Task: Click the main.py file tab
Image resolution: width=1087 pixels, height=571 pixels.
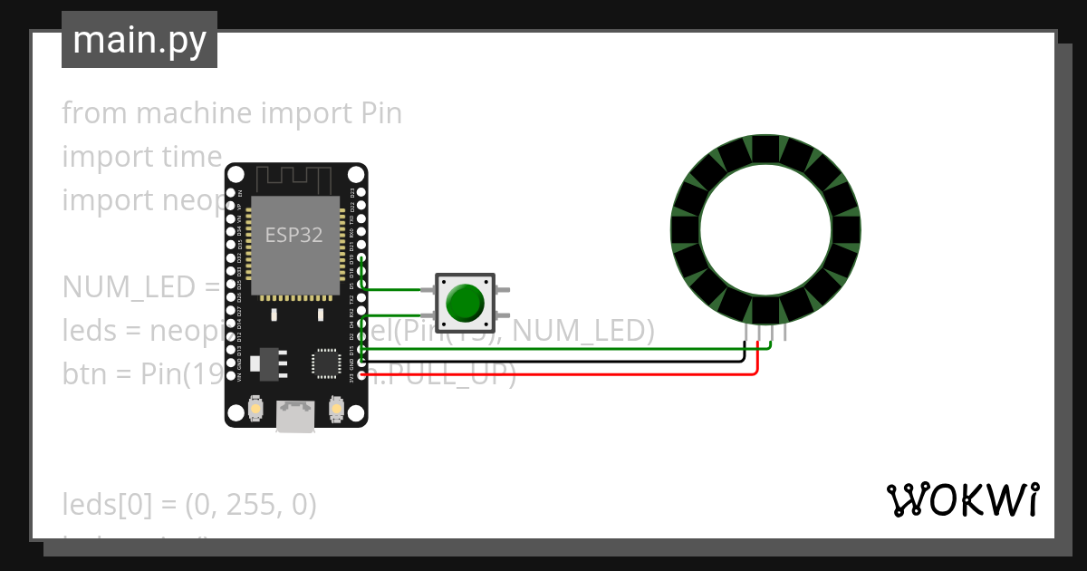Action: point(139,41)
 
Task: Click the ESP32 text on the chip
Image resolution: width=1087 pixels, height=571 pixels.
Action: point(294,235)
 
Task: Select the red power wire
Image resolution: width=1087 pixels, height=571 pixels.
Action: point(562,373)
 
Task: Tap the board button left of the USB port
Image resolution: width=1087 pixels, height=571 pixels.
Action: point(257,411)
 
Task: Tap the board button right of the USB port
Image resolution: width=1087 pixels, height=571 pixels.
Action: point(335,411)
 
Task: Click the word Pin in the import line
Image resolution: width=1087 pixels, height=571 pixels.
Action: point(380,113)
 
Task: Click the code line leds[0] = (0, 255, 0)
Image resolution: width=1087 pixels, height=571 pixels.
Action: point(189,505)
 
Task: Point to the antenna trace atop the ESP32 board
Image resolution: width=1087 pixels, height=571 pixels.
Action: point(295,179)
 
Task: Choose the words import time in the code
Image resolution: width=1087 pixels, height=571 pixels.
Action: point(141,157)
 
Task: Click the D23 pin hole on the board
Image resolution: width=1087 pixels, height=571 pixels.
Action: point(362,193)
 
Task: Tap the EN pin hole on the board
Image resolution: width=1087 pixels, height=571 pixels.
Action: point(231,193)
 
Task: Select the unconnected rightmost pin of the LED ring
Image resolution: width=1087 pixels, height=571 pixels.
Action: point(784,334)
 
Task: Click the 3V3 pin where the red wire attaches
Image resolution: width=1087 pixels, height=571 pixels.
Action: point(362,374)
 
